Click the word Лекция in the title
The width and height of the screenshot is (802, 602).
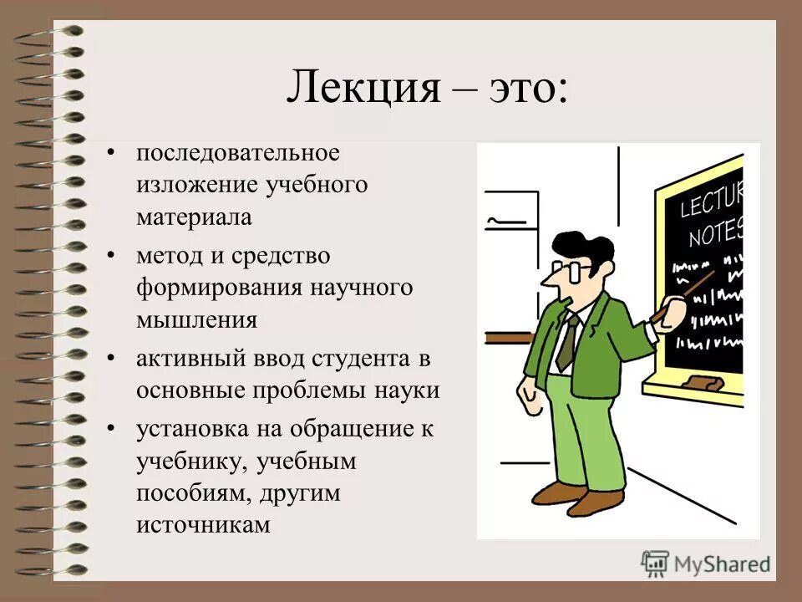pos(363,88)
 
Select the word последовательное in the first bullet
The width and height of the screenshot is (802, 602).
pos(239,154)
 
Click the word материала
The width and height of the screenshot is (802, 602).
pos(194,217)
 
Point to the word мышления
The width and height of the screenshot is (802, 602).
pos(197,319)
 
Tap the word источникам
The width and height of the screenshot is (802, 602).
pos(204,525)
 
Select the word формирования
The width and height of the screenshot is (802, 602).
pos(221,288)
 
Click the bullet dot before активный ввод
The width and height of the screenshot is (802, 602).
pos(112,358)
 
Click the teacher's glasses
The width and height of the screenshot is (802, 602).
pos(571,270)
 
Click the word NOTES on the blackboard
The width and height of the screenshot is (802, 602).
pos(714,233)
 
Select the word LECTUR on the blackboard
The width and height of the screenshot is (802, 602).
pos(710,201)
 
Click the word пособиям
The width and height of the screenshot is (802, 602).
pos(191,493)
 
